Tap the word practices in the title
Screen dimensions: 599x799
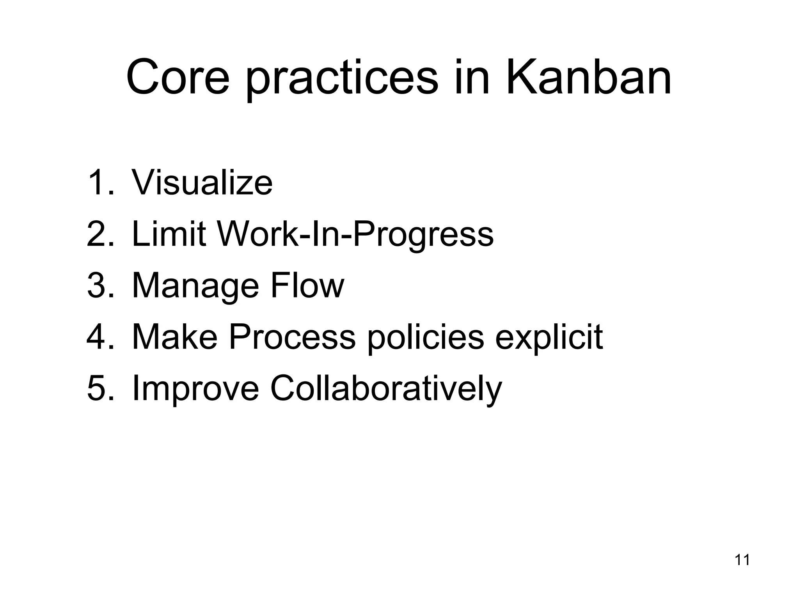click(x=342, y=80)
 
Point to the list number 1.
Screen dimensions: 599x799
click(x=100, y=182)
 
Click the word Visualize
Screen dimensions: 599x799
click(x=202, y=182)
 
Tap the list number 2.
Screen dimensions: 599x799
click(x=100, y=234)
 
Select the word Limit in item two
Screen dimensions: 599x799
click(x=169, y=234)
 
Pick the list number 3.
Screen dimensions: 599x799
click(x=100, y=285)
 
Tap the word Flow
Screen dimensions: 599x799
click(x=307, y=285)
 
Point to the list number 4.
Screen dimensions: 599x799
click(x=100, y=337)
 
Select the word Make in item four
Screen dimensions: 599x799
click(x=174, y=337)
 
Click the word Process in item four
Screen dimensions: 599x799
click(x=292, y=337)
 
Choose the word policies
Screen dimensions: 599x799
click(x=425, y=337)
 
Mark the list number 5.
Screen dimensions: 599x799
click(x=100, y=388)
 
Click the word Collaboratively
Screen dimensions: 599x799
click(x=385, y=389)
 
